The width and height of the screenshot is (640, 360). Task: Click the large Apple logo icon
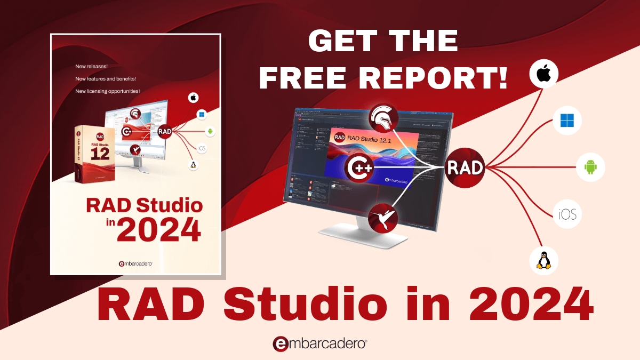543,74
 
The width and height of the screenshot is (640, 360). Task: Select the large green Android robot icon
590,167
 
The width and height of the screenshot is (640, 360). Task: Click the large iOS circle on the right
567,214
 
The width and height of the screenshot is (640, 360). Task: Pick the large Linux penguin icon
543,261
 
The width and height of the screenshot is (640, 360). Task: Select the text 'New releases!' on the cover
92,67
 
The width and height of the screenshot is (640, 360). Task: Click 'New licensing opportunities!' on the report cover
108,91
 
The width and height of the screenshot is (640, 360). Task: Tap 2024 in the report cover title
159,230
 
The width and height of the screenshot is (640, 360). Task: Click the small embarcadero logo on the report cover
135,263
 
